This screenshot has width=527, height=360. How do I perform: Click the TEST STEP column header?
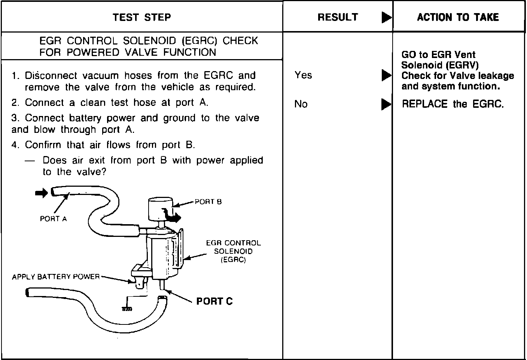142,17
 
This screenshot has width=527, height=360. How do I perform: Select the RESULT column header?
338,17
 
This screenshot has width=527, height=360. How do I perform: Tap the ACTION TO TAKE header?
458,17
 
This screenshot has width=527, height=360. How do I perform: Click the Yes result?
303,75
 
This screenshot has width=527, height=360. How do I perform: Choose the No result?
301,104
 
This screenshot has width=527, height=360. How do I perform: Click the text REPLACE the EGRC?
453,104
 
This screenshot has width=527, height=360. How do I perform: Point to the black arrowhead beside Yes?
386,76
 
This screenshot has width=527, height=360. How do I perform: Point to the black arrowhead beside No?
386,104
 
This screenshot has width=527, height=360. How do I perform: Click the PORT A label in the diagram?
53,219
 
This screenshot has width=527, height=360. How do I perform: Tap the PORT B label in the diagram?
208,202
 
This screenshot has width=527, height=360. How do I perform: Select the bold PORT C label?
214,301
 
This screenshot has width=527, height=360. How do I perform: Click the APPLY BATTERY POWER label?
56,277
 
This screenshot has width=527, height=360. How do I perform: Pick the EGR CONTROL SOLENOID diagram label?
233,251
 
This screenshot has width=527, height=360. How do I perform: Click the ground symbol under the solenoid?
127,309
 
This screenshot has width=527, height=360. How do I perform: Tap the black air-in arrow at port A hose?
41,193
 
